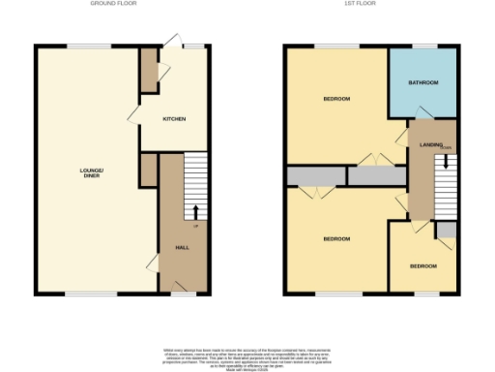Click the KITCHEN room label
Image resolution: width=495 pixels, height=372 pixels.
coord(174,118)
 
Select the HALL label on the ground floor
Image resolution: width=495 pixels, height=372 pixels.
coord(182,248)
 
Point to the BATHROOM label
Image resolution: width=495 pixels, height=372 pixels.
coord(423,83)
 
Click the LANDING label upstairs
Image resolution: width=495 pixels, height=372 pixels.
coord(431,145)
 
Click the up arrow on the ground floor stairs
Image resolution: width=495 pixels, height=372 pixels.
coord(196,211)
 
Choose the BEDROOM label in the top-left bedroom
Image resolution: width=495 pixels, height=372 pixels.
coord(335,99)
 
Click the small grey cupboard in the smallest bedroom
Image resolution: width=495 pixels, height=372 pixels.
coord(446,231)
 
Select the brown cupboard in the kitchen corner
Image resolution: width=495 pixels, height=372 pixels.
coord(149,70)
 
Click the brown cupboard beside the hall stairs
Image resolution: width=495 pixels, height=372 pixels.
coord(149,170)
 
